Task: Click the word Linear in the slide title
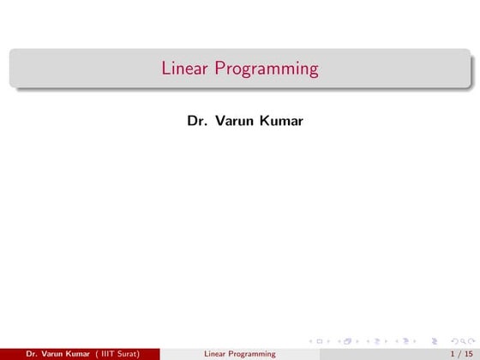coord(183,68)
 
